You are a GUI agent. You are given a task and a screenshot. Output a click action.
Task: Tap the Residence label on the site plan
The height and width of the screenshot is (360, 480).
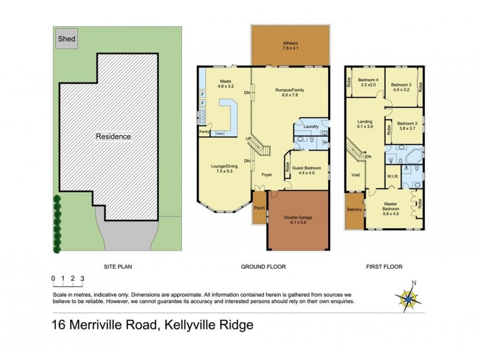(113, 136)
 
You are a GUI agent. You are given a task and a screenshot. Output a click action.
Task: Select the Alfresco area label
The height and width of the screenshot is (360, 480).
(290, 46)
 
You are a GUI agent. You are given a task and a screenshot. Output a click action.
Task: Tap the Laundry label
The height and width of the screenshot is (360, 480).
(311, 127)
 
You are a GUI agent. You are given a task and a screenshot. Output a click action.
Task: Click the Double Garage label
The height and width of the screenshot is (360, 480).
(298, 220)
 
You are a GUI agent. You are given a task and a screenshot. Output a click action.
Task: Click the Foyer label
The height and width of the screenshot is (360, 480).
(268, 175)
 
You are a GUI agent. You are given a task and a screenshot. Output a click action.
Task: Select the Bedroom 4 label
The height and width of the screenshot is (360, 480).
(368, 83)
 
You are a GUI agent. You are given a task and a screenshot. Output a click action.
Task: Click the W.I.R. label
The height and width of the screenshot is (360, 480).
(394, 176)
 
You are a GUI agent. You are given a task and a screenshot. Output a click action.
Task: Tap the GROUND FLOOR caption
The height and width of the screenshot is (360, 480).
(263, 266)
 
